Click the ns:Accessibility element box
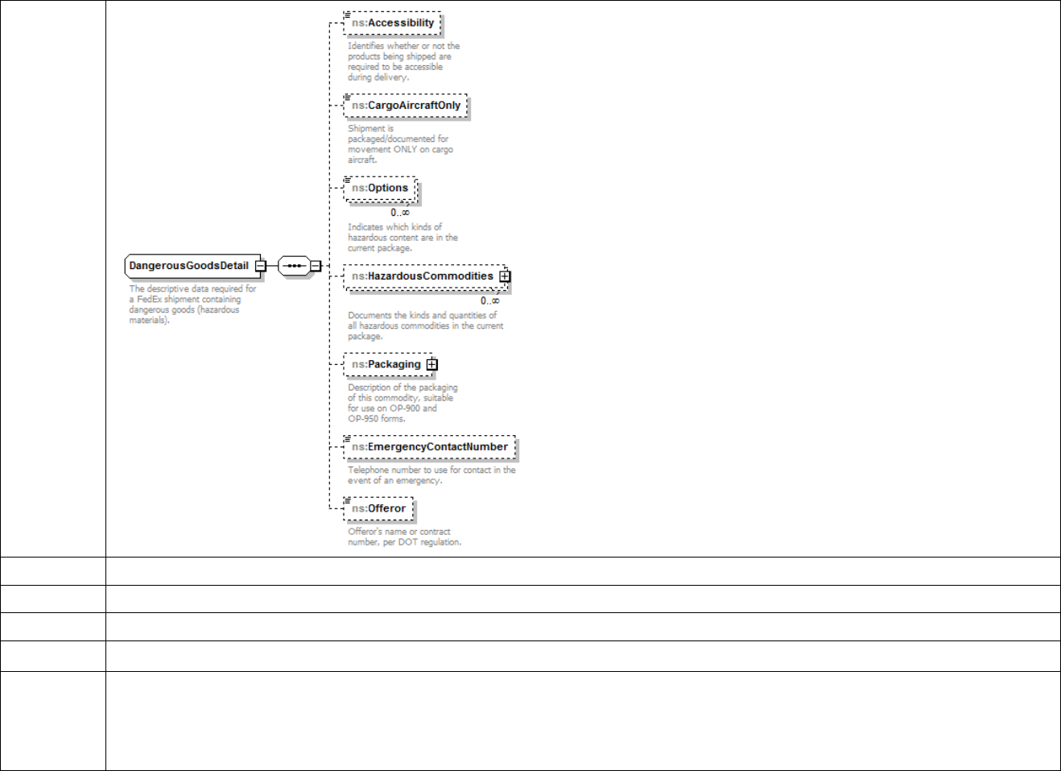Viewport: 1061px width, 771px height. [x=393, y=23]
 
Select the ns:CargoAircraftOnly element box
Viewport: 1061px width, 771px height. [x=406, y=106]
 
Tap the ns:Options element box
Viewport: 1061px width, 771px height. [x=380, y=189]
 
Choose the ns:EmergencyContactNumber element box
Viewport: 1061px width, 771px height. [x=430, y=447]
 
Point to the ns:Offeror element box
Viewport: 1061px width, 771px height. [x=378, y=509]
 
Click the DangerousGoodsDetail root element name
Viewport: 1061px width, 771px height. [x=188, y=266]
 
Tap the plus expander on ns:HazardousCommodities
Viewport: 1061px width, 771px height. [x=505, y=276]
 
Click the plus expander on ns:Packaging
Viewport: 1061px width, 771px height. [x=432, y=365]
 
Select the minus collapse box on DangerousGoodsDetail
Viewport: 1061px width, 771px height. [x=261, y=266]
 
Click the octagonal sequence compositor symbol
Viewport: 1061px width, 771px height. [x=294, y=266]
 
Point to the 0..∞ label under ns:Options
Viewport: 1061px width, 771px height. [x=400, y=213]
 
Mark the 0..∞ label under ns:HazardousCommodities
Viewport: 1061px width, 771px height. [x=490, y=301]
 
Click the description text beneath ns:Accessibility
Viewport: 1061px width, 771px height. [x=403, y=62]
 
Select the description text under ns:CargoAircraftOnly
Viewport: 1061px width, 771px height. [x=400, y=144]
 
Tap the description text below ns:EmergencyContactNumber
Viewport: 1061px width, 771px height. [x=431, y=475]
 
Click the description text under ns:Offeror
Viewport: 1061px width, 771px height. [x=404, y=537]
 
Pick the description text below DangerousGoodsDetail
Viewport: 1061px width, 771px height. [x=192, y=305]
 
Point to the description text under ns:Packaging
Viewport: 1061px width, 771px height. [x=403, y=403]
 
